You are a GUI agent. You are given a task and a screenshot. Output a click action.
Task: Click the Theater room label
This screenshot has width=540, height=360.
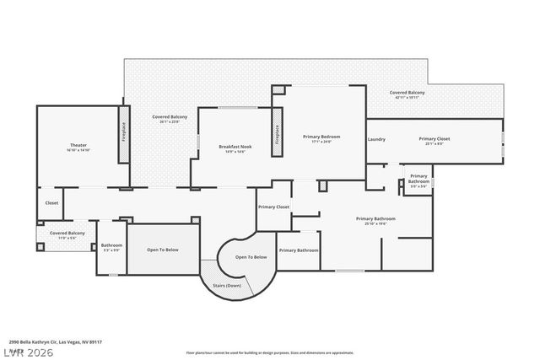coord(72,145)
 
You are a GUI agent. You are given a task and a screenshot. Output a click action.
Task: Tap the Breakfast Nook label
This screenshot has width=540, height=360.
coord(235,147)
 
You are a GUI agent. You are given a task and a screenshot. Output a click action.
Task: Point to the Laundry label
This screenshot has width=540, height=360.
coord(376,139)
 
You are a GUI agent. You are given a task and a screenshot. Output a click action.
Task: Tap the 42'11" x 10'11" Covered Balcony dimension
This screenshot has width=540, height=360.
coord(407,98)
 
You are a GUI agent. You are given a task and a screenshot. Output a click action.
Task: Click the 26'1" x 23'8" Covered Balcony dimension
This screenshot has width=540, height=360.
coord(170,121)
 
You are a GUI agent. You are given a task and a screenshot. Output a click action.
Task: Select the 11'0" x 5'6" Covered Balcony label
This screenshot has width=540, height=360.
coord(67,238)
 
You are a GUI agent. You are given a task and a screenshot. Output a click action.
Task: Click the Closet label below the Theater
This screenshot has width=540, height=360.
coord(52,203)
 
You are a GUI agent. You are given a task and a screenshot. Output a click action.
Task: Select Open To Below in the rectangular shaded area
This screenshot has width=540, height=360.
coord(163,250)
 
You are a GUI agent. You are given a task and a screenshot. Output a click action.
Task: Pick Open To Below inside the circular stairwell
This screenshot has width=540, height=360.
coord(251,256)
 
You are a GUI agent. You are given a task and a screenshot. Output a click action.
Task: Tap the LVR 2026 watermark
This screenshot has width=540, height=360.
coord(27,352)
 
